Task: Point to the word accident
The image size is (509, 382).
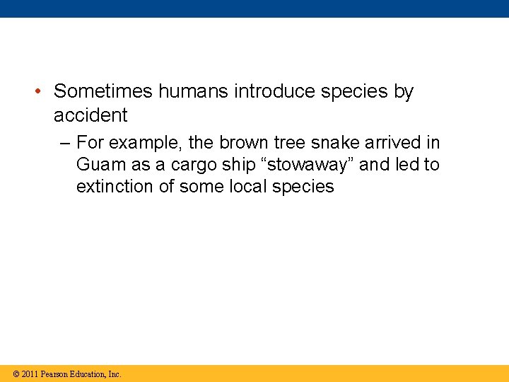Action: point(90,115)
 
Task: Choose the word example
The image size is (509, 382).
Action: point(147,143)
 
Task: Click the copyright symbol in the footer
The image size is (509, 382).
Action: point(16,374)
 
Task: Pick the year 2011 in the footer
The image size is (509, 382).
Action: point(30,374)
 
